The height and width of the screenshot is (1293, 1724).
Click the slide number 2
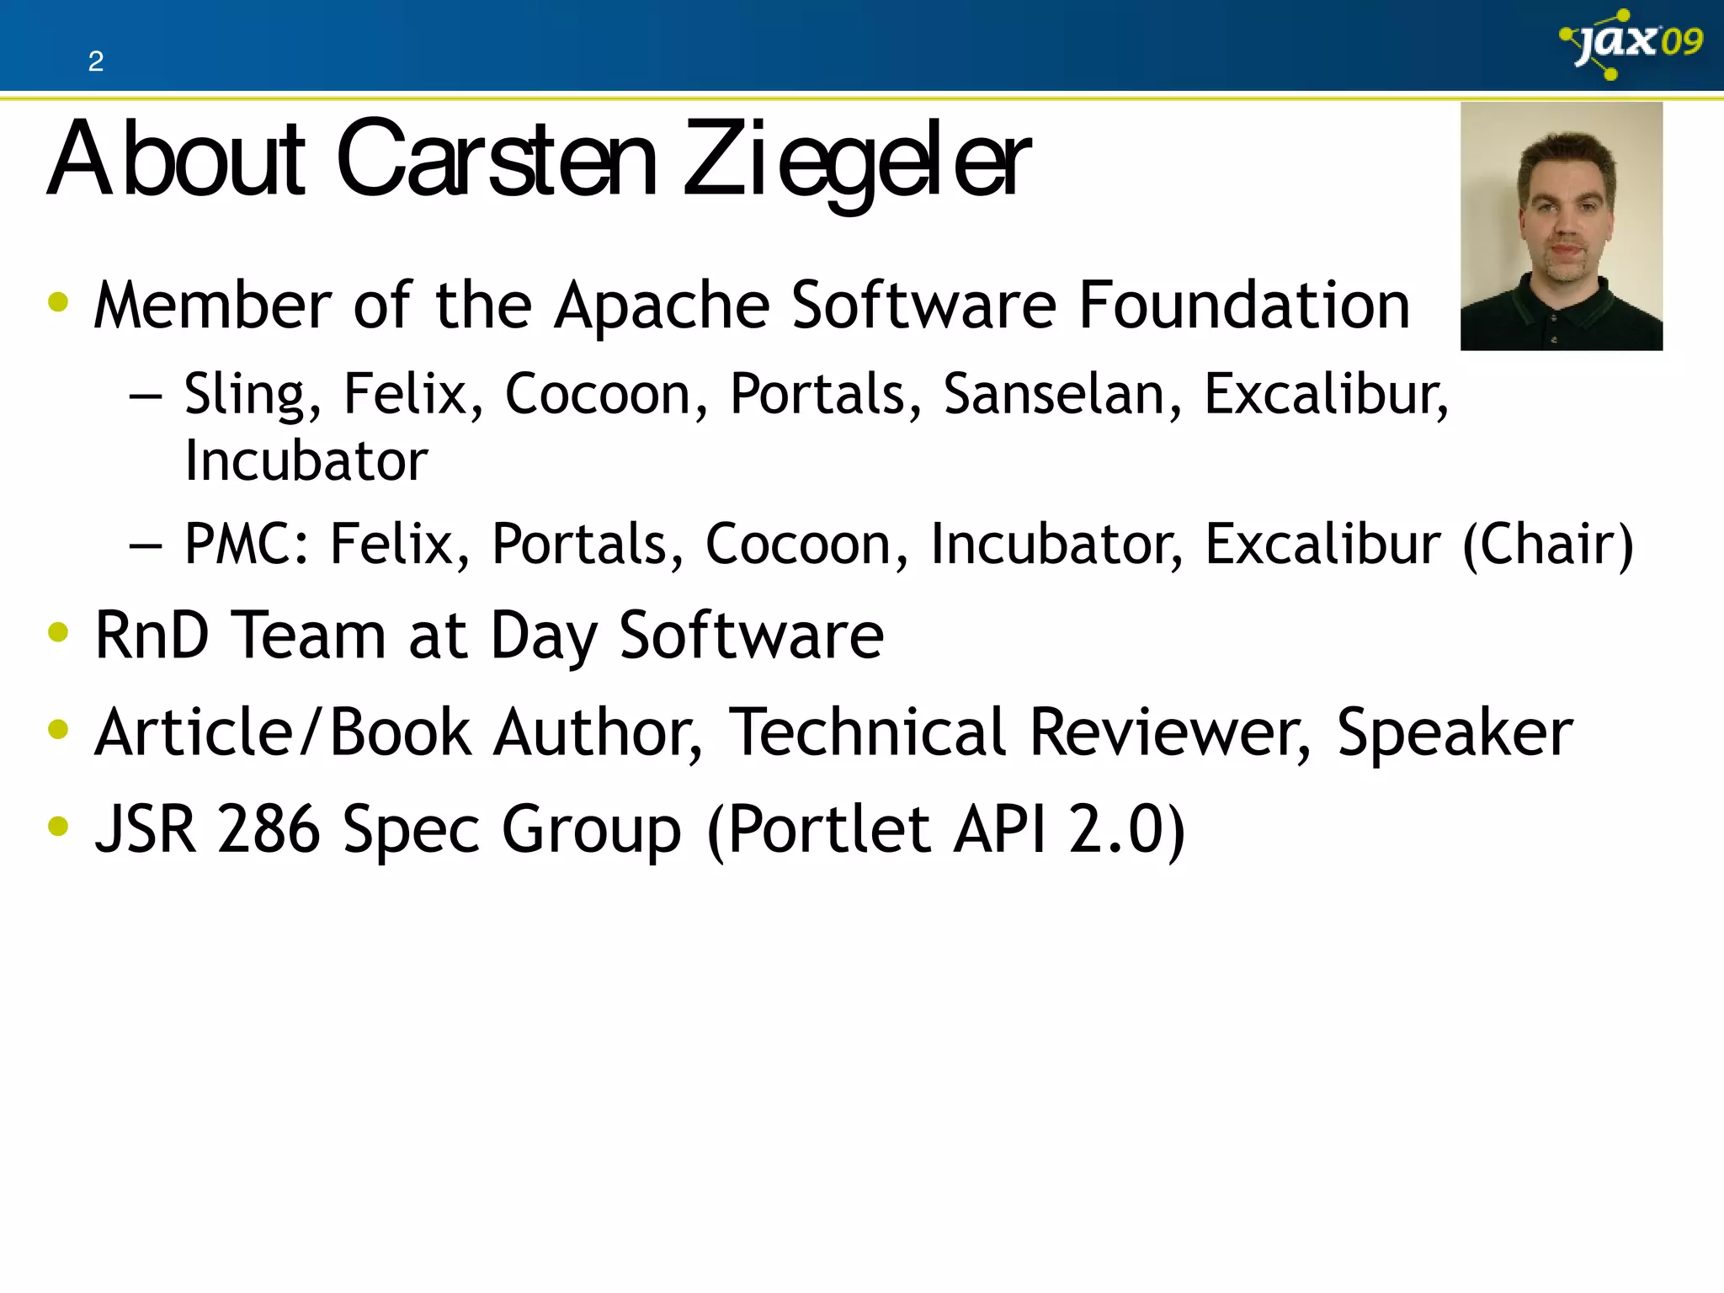pyautogui.click(x=96, y=61)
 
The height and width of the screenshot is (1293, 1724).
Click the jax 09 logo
pyautogui.click(x=1631, y=44)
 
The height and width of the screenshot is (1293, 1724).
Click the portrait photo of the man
pyautogui.click(x=1561, y=226)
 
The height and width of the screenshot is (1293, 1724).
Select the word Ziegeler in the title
pyautogui.click(x=856, y=161)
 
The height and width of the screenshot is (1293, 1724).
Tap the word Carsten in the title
pyautogui.click(x=497, y=160)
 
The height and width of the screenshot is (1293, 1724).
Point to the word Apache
pyautogui.click(x=662, y=306)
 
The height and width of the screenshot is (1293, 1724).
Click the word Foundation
pyautogui.click(x=1244, y=305)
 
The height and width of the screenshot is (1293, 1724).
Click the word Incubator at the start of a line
pyautogui.click(x=306, y=461)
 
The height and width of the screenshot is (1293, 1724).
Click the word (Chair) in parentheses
pyautogui.click(x=1547, y=545)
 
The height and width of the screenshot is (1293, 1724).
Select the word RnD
pyautogui.click(x=152, y=635)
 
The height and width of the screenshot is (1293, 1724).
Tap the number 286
pyautogui.click(x=269, y=829)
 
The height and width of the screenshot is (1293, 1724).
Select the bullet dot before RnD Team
pyautogui.click(x=58, y=632)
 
